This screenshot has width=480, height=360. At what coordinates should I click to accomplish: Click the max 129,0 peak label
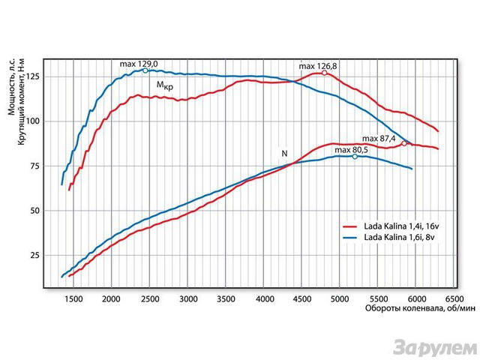click(136, 65)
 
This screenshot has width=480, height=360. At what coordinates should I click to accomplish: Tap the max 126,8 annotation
click(318, 67)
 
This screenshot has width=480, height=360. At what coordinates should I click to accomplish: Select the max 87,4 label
click(379, 139)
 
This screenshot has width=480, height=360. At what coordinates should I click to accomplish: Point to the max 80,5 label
click(352, 150)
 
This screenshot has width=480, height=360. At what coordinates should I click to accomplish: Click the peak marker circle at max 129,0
click(145, 70)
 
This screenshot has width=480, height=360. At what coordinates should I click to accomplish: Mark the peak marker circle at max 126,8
click(325, 73)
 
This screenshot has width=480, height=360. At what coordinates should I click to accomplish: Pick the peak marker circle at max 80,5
click(355, 157)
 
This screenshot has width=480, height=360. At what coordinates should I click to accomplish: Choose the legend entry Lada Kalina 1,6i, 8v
click(398, 237)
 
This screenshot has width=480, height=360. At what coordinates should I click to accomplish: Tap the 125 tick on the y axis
click(31, 76)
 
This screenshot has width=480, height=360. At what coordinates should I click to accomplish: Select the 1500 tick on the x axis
click(73, 299)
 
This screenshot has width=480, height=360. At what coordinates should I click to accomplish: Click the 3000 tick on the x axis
click(188, 299)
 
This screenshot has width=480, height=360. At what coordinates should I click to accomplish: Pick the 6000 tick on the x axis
click(418, 299)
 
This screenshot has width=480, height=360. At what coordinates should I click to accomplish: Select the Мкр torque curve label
click(165, 87)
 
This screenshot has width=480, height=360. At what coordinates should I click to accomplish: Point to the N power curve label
click(284, 154)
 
